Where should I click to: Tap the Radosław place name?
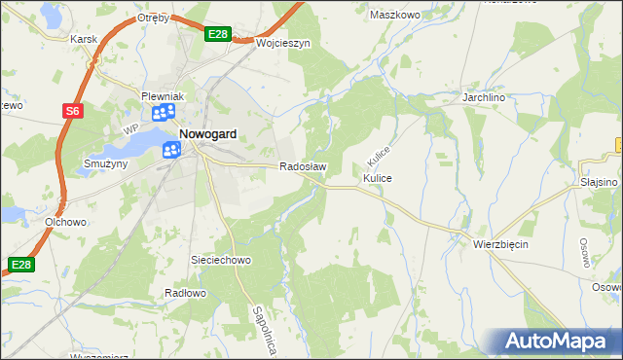click(303, 166)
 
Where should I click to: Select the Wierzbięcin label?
click(500, 243)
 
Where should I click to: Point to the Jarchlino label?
click(487, 97)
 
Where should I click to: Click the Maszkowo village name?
click(394, 15)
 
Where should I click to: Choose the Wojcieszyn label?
click(282, 44)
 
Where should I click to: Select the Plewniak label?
click(163, 96)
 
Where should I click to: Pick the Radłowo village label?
click(186, 293)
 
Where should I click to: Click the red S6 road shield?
click(72, 111)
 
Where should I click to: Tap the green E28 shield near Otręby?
click(218, 35)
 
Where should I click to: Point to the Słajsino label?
click(599, 182)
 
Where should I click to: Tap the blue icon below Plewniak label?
click(162, 115)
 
